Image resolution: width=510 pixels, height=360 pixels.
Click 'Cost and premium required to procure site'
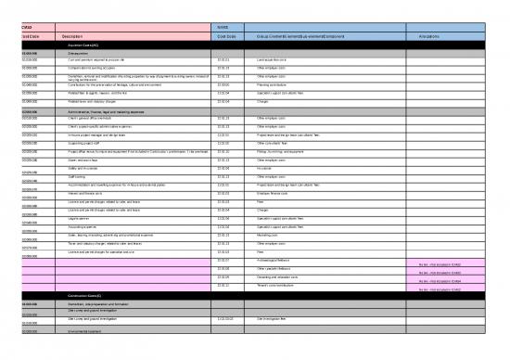[103, 59]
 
